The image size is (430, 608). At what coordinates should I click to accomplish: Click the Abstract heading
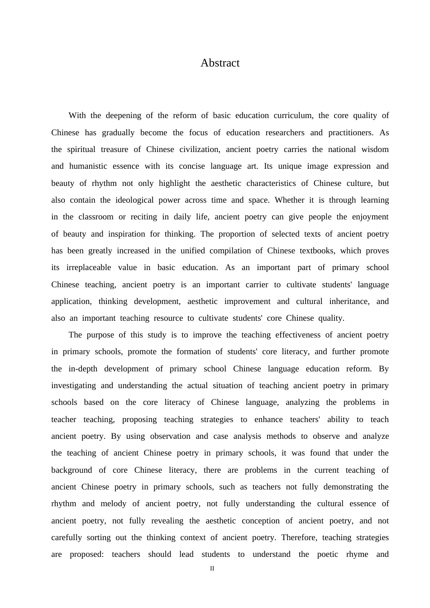point(220,63)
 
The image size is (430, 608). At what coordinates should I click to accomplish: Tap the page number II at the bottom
point(212,569)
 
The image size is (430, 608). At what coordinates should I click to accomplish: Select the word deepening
point(124,115)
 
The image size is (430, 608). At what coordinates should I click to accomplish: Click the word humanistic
point(104,166)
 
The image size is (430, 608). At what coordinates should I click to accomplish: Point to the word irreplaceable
point(89,267)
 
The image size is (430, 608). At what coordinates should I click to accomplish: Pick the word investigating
point(73,385)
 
